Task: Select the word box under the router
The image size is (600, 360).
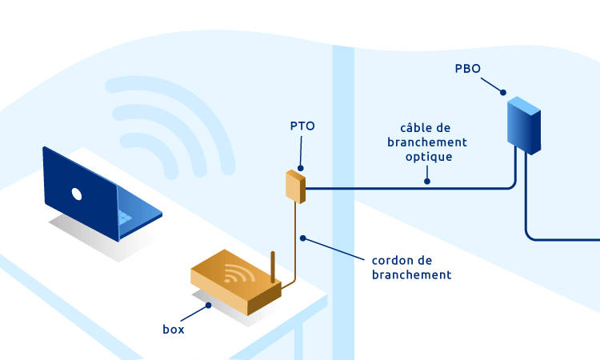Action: [x=173, y=328]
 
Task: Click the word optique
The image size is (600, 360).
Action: [x=429, y=157]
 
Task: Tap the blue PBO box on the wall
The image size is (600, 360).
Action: [x=525, y=123]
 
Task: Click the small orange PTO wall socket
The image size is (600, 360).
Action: [x=295, y=186]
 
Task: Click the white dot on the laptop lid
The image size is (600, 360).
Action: [x=77, y=194]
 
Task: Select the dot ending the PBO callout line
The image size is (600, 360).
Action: [x=506, y=94]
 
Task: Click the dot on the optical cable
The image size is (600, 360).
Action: [x=426, y=181]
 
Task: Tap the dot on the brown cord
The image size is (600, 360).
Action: [x=302, y=238]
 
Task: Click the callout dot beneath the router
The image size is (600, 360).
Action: [x=208, y=305]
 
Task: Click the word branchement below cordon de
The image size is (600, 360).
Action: [x=412, y=274]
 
